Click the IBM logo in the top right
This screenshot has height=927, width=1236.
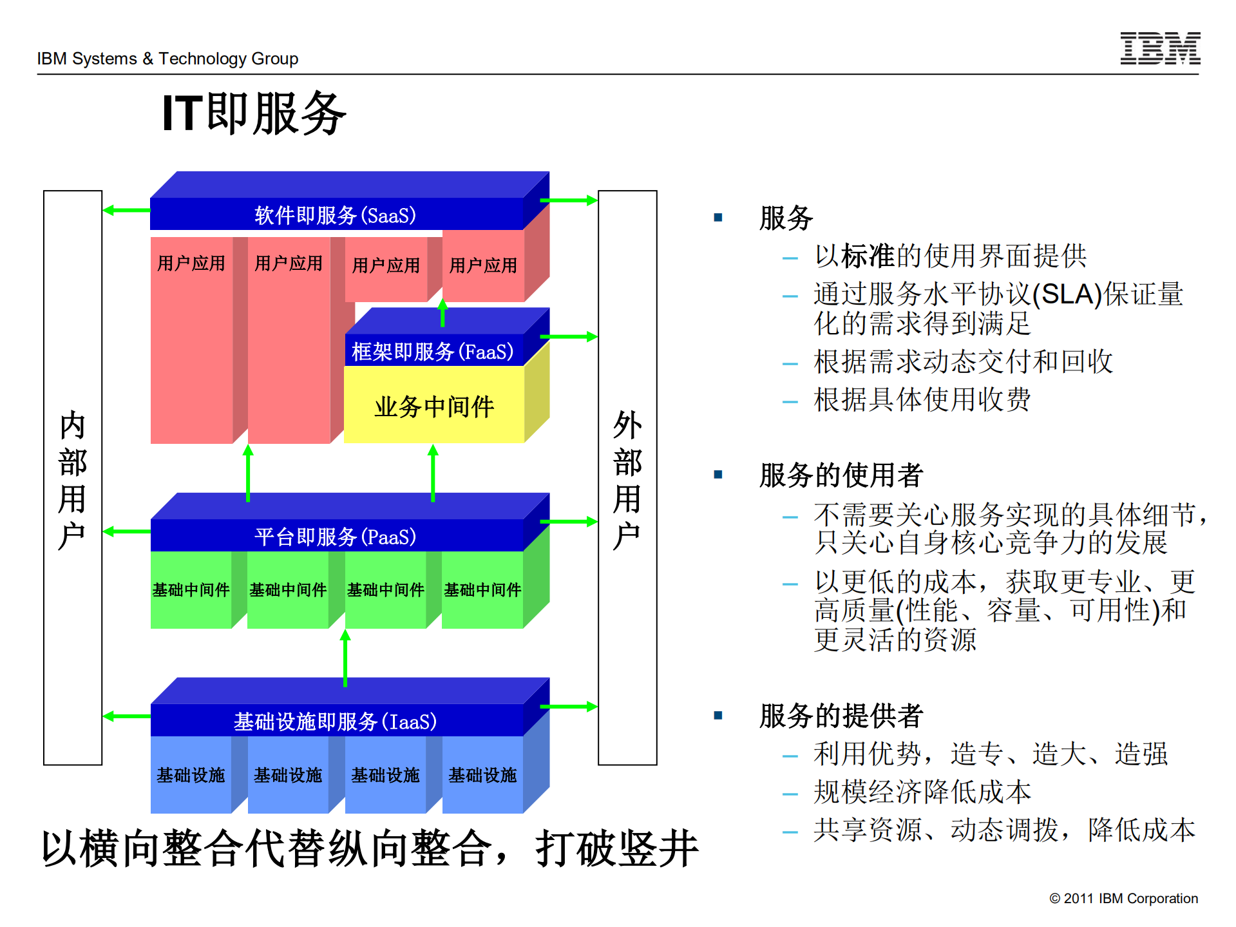point(1159,48)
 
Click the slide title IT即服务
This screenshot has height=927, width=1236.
point(254,113)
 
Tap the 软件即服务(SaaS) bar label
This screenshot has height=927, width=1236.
point(335,215)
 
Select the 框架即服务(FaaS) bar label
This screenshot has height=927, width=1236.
point(433,352)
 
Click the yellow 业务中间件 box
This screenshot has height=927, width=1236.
point(434,406)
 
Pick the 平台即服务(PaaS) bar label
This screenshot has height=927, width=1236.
point(335,537)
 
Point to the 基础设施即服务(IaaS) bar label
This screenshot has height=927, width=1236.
point(335,722)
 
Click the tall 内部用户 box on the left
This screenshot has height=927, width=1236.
point(73,477)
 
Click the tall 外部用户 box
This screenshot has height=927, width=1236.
point(627,477)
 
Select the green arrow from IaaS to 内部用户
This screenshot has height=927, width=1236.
point(126,716)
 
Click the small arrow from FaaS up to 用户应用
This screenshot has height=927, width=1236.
point(442,313)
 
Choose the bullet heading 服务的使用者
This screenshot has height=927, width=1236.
point(841,475)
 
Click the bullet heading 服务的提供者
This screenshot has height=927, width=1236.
point(841,716)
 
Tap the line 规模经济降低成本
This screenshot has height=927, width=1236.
point(922,792)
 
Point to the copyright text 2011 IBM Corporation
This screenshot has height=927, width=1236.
point(1123,899)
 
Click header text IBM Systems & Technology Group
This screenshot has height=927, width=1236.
point(167,59)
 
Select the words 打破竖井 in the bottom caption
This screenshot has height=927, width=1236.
point(616,848)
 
